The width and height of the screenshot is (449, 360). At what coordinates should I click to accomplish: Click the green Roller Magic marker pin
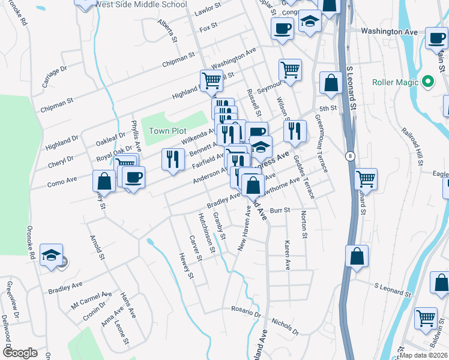pos(427,81)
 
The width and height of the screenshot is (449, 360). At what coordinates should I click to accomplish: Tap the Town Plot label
pos(167,131)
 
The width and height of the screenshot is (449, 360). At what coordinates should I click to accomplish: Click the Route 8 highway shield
pos(351,156)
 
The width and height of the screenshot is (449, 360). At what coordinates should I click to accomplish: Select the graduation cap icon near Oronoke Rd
pos(52,254)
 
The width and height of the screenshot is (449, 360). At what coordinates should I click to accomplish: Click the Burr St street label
pos(280,211)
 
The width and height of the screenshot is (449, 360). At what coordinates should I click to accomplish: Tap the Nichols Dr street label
pos(285,326)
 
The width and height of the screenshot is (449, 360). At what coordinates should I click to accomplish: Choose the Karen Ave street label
pos(288,254)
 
